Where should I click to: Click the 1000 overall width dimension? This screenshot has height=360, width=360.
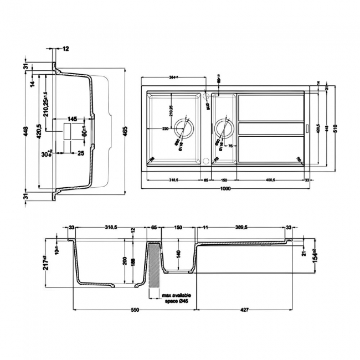225,189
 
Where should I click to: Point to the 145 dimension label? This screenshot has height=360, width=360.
72,119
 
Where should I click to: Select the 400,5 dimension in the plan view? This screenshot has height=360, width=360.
271,180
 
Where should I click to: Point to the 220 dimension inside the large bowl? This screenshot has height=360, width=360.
165,128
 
